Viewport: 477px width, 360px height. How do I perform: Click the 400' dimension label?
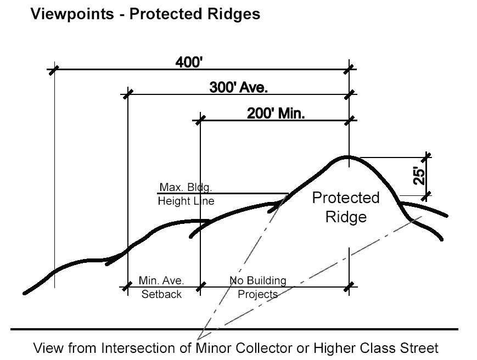189,63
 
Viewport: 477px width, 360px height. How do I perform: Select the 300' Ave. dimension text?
239,87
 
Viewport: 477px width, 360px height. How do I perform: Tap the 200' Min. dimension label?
276,114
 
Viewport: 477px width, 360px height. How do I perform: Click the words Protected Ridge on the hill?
346,207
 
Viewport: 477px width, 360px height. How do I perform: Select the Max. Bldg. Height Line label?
186,194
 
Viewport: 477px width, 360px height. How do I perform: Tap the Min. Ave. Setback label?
161,287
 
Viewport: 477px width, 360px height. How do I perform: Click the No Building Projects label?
257,287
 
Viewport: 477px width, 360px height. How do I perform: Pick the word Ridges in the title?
235,14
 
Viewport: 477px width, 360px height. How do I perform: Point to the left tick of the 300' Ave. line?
127,94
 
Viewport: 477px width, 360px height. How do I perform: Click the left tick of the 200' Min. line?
200,120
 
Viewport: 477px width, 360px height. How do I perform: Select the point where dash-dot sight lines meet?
200,336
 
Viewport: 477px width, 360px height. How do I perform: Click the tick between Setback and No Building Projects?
200,286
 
